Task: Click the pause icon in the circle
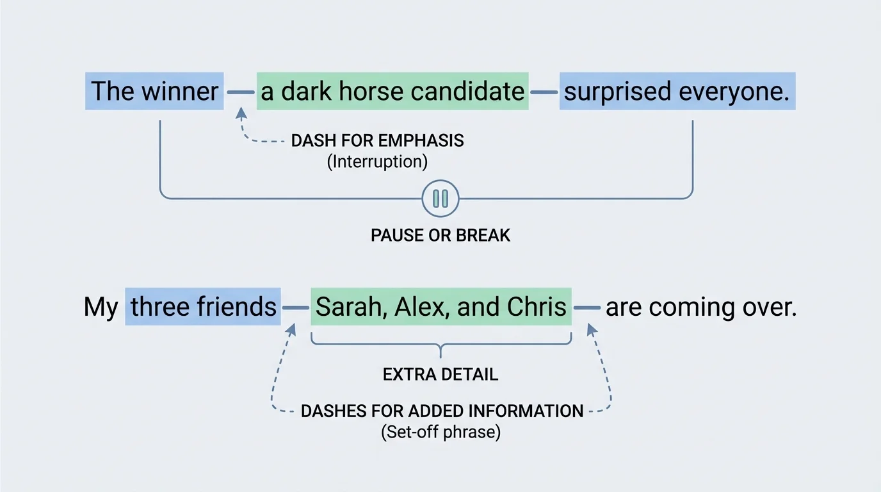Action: pyautogui.click(x=440, y=199)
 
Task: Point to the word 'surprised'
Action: pyautogui.click(x=617, y=92)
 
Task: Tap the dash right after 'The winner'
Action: pyautogui.click(x=240, y=92)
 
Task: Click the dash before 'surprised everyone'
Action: pyautogui.click(x=544, y=92)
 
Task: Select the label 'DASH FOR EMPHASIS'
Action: pyautogui.click(x=377, y=141)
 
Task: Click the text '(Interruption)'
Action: pyautogui.click(x=377, y=161)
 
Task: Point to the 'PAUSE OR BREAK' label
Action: pyautogui.click(x=440, y=235)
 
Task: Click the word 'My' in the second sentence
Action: pyautogui.click(x=101, y=307)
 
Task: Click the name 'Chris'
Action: pyautogui.click(x=537, y=307)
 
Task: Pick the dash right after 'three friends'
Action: pyautogui.click(x=295, y=308)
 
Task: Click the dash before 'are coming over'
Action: pyautogui.click(x=586, y=308)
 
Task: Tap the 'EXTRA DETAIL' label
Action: pyautogui.click(x=440, y=374)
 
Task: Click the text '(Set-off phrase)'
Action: pyautogui.click(x=440, y=432)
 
